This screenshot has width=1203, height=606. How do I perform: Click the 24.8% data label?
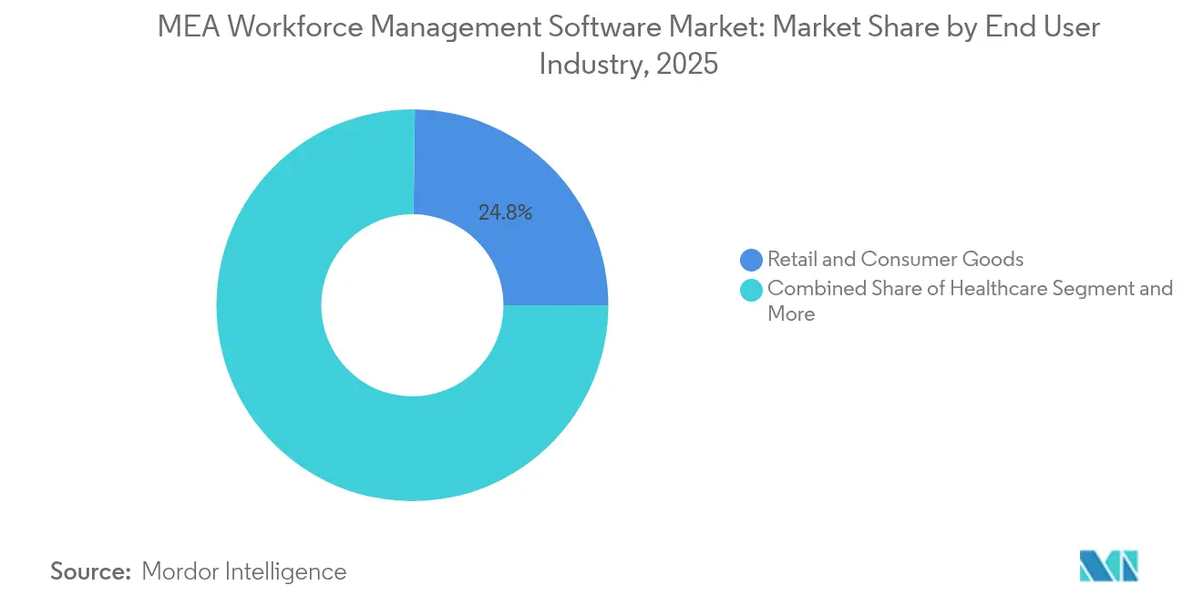click(505, 212)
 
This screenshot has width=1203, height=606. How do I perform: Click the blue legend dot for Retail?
click(752, 260)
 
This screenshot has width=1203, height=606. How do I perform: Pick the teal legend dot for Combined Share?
click(752, 290)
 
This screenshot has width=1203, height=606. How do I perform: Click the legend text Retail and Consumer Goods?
click(895, 260)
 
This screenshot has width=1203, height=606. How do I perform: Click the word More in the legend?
click(790, 314)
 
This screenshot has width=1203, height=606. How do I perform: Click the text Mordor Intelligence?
click(243, 571)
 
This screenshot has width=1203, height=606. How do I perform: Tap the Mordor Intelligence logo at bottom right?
click(1108, 566)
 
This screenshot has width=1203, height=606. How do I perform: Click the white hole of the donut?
click(413, 305)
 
